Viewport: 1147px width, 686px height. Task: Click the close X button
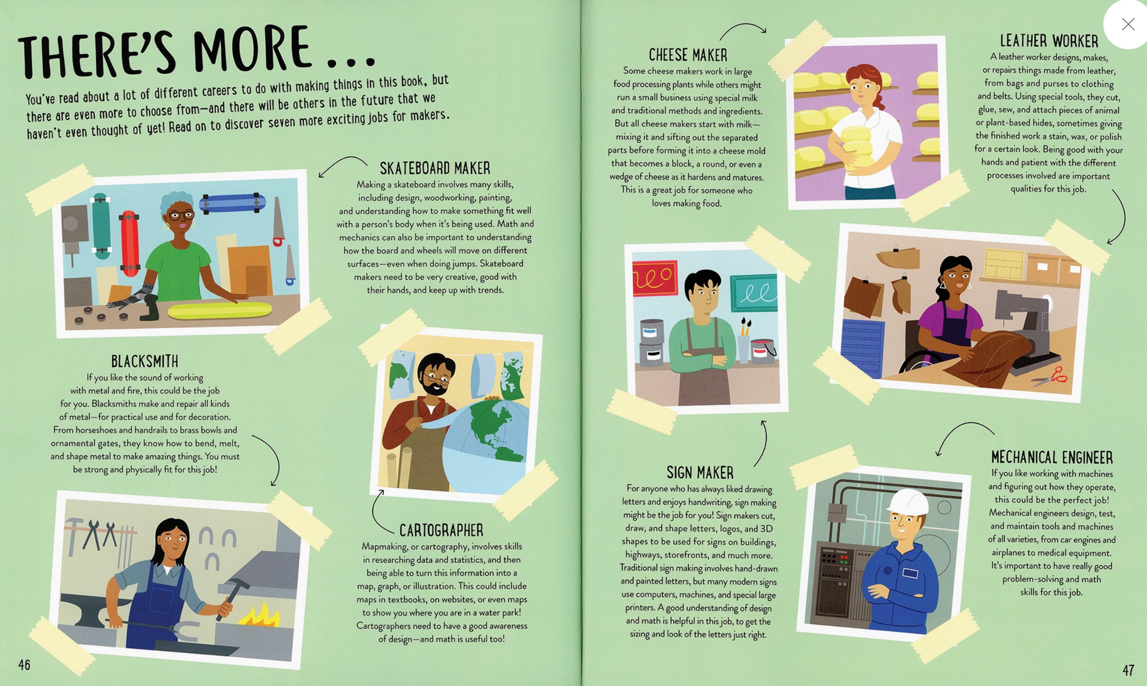click(x=1128, y=24)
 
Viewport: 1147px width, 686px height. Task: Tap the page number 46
click(x=24, y=665)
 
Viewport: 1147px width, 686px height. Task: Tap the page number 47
click(x=1128, y=670)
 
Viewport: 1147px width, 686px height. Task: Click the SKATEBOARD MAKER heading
click(x=434, y=169)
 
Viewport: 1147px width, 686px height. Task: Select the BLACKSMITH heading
click(x=144, y=361)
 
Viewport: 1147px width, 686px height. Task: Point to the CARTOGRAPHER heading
click(x=441, y=530)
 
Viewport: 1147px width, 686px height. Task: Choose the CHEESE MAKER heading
click(x=688, y=55)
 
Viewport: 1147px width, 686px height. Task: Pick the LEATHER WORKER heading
click(x=1049, y=41)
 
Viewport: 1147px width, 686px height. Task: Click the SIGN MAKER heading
click(x=700, y=472)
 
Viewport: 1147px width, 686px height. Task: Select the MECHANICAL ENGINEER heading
click(x=1052, y=457)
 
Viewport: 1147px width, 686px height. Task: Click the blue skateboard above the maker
click(x=232, y=202)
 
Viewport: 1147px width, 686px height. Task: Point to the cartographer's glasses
click(x=439, y=377)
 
